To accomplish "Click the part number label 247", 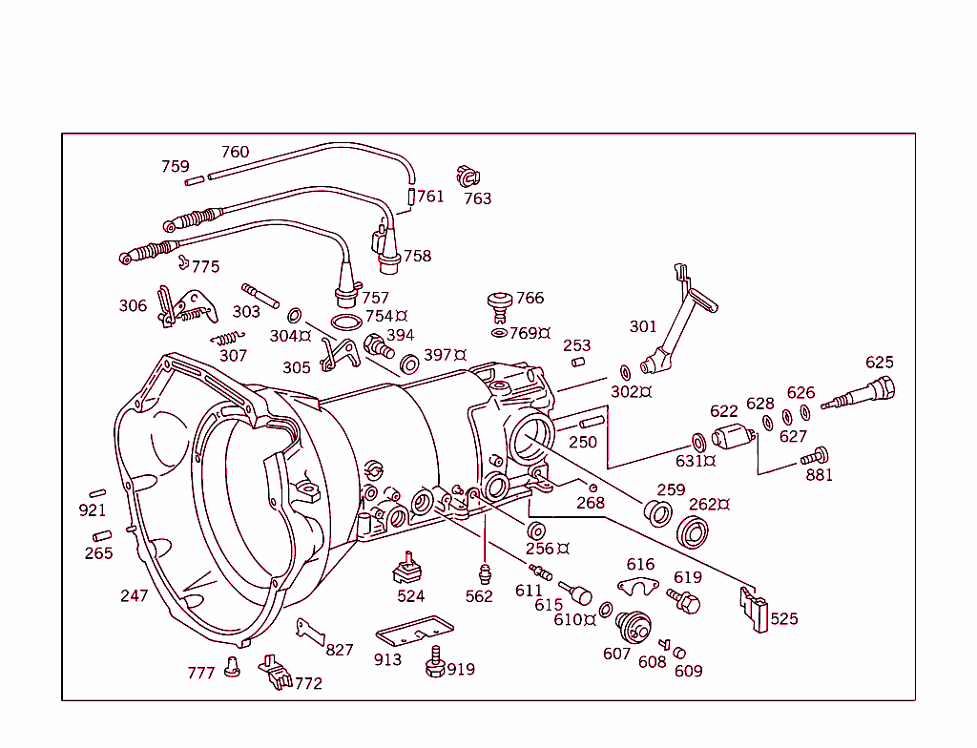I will (x=134, y=595).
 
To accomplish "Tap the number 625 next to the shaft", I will (x=880, y=362).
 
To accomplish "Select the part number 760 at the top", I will (x=235, y=152).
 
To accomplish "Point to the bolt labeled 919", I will (x=436, y=662).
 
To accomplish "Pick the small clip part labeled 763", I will (x=468, y=176).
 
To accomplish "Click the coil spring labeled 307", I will (x=227, y=338).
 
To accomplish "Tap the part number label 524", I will (x=411, y=596).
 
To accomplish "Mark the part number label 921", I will (x=93, y=510).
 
